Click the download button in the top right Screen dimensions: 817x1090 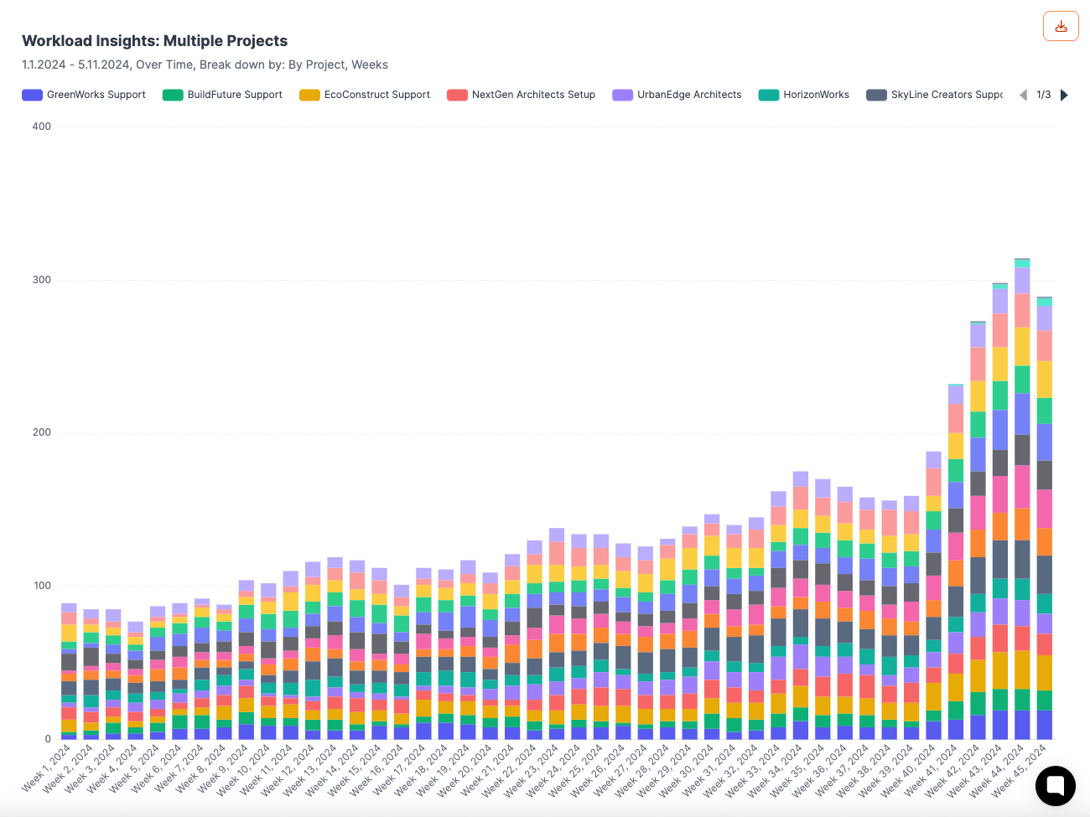point(1061,26)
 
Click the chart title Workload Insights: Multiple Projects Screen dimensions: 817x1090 point(154,41)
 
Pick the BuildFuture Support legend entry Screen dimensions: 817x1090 point(223,95)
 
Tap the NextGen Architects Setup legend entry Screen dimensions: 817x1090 point(522,95)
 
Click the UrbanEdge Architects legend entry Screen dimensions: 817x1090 point(677,95)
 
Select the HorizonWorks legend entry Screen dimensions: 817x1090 point(804,95)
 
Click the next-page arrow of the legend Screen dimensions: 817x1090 point(1065,95)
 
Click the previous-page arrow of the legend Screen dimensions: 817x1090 point(1023,95)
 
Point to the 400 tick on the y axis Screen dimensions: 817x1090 point(41,127)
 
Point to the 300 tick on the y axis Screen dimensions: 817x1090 point(41,280)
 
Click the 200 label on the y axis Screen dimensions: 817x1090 point(41,432)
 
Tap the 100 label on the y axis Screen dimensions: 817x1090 point(41,586)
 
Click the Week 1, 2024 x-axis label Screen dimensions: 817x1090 point(48,768)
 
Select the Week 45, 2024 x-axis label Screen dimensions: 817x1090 point(1020,768)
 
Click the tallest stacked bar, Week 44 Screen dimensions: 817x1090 point(1022,503)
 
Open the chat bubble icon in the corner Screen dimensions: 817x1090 point(1055,786)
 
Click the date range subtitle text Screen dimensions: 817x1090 point(205,65)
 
